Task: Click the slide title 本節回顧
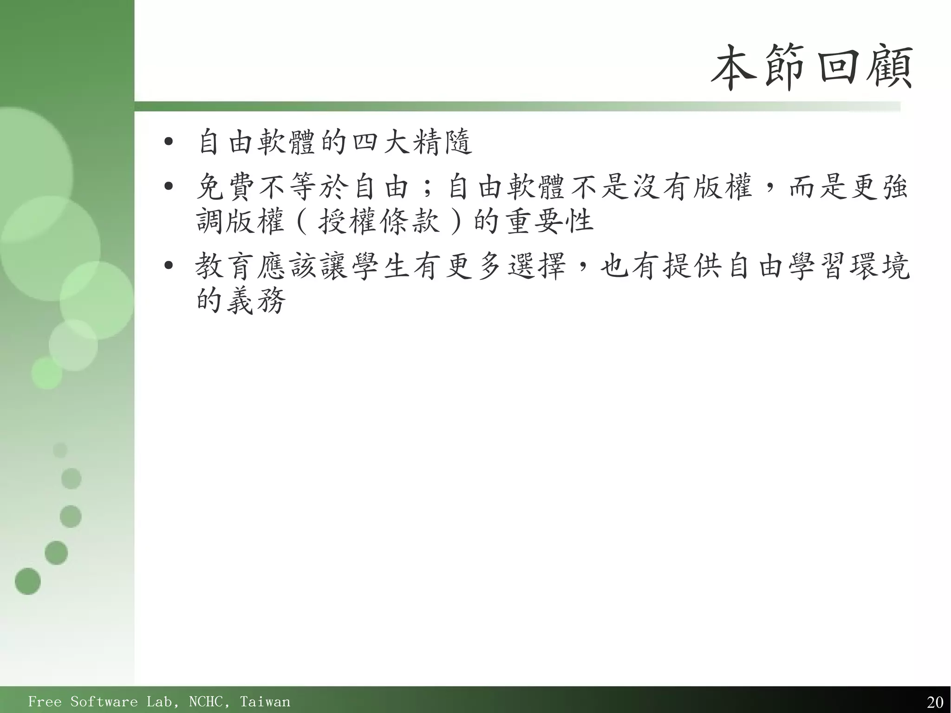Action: [x=812, y=68]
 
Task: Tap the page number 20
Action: [x=935, y=702]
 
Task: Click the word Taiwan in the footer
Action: [x=265, y=701]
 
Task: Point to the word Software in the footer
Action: [x=104, y=701]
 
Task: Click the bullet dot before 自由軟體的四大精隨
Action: [x=168, y=141]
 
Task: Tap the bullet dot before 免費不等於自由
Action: [x=168, y=187]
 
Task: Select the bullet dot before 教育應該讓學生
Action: [x=168, y=266]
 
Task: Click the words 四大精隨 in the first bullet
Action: [x=412, y=141]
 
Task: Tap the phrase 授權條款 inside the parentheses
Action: [x=378, y=221]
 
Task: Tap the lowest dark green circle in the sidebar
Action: [x=28, y=581]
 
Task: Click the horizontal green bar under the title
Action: [x=511, y=106]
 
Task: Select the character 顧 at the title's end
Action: [x=892, y=68]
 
